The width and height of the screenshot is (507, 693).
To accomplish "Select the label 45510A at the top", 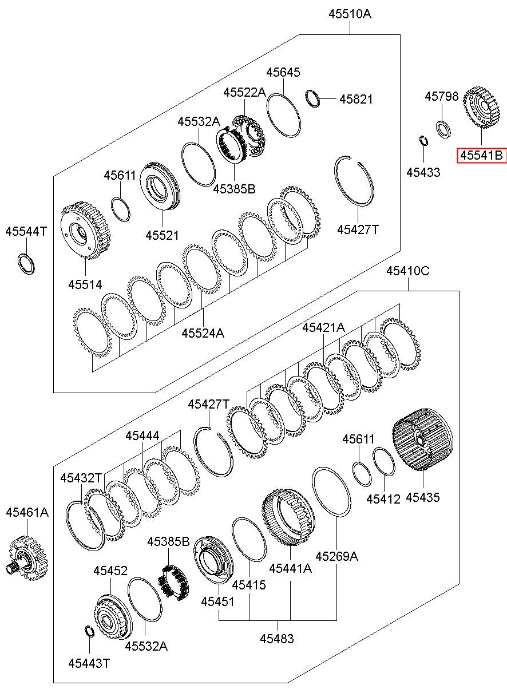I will tap(350, 14).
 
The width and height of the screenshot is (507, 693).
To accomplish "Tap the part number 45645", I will tap(283, 73).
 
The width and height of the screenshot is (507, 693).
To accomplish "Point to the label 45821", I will tap(355, 99).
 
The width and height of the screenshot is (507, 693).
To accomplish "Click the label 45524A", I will tap(203, 332).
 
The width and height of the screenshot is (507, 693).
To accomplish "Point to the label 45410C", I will tap(407, 271).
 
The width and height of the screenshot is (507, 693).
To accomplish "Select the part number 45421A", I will tap(324, 327).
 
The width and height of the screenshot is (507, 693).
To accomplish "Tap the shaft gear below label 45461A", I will tap(26, 559).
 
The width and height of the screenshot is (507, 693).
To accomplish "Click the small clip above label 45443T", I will tap(89, 631).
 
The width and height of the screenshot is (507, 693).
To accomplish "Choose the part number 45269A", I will tap(337, 555).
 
